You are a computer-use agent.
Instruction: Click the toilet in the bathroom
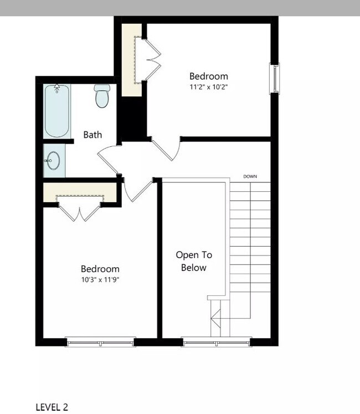pos(101,96)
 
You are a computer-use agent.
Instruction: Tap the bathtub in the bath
pos(57,112)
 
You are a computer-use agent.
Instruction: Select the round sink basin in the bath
pos(53,161)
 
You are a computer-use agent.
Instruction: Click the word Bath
pos(92,135)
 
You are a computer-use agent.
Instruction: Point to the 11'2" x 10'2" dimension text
pos(209,87)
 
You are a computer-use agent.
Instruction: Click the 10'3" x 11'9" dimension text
pos(100,279)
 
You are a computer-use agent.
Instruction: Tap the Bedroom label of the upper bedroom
pos(209,76)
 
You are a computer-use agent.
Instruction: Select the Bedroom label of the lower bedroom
pos(100,269)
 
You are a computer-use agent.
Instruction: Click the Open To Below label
pos(194,262)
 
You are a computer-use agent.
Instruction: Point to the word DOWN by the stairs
pos(250,177)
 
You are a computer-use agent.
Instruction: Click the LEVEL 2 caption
pos(52,407)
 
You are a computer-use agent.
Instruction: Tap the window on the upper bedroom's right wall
pos(274,78)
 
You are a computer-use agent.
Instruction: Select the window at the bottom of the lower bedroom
pos(100,342)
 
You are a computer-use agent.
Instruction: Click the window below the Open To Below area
pos(217,342)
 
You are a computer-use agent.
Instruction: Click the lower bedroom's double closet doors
pos(81,212)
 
